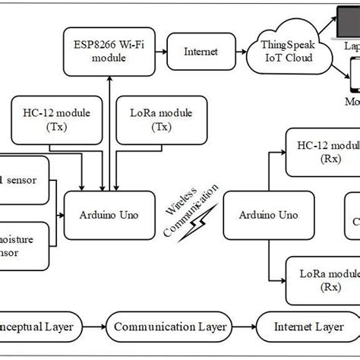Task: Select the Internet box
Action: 201,52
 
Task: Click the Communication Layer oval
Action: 170,327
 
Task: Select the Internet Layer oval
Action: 308,327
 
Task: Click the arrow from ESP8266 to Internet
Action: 158,52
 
